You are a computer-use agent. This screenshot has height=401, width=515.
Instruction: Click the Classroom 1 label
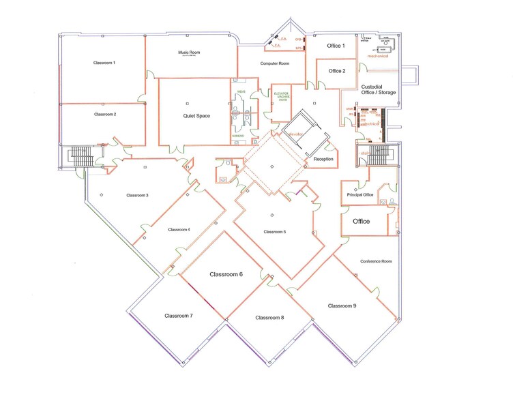tap(104, 63)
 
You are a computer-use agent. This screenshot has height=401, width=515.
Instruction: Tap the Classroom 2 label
tap(105, 114)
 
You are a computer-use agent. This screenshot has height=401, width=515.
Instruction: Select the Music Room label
tap(189, 52)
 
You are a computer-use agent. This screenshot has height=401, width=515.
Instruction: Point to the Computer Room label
tap(275, 63)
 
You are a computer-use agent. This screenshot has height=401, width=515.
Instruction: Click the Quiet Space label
tap(196, 116)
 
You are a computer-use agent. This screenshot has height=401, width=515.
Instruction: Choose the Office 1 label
tap(336, 46)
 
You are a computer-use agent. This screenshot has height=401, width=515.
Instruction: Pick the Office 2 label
tap(336, 71)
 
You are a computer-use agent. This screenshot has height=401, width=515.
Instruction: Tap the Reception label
tap(323, 159)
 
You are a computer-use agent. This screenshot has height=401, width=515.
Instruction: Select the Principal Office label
tap(359, 195)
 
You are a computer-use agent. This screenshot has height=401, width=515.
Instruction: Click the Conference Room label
tap(376, 261)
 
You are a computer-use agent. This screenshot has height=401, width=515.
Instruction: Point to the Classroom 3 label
tap(137, 195)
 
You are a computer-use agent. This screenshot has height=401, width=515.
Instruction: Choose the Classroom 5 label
tap(274, 232)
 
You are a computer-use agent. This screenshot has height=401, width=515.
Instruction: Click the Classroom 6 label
tap(226, 274)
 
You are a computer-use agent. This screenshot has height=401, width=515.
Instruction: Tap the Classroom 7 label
tap(179, 316)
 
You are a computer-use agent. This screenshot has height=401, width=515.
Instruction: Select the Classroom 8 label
tap(269, 318)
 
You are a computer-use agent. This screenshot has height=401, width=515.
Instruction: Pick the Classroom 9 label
tap(342, 306)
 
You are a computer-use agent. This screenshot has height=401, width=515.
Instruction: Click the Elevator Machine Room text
tap(282, 98)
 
